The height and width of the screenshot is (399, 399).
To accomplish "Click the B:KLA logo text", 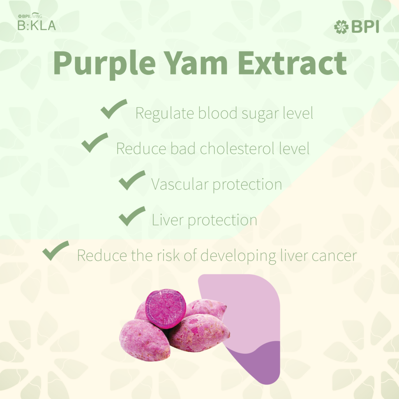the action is point(37,25).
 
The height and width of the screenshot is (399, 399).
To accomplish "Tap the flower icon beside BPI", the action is point(341,27).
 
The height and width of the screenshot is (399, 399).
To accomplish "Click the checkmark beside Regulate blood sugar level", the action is point(114,109).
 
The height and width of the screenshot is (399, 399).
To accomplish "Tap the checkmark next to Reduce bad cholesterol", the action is point(95,143).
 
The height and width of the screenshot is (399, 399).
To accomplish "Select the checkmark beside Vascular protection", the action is point(132,180).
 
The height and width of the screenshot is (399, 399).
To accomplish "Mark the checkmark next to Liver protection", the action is point(132,216).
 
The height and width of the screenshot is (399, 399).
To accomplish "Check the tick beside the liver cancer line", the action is point(56,251).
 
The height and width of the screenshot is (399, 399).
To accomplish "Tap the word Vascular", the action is point(180,184).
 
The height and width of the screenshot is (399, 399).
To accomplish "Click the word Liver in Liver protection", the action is point(168,220).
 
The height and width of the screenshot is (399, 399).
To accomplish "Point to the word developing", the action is point(238,256).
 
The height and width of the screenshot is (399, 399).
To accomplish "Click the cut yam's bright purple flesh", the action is point(166,309).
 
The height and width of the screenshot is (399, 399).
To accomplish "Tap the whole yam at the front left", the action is point(144,340).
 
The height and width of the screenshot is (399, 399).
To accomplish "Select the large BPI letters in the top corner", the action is point(365,27).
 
